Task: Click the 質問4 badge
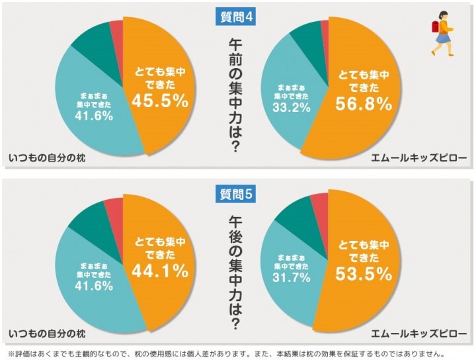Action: pyautogui.click(x=236, y=17)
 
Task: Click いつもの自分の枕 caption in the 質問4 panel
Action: pyautogui.click(x=48, y=159)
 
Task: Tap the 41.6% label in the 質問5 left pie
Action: pyautogui.click(x=93, y=286)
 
